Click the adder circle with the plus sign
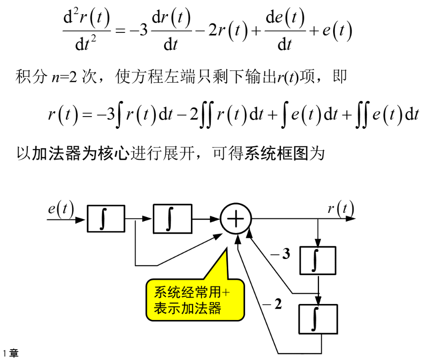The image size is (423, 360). (x=236, y=219)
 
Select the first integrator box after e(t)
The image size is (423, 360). (x=106, y=219)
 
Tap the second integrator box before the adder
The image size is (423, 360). (x=173, y=219)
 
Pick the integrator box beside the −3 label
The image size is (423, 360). (x=318, y=260)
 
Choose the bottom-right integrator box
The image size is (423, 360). (x=318, y=319)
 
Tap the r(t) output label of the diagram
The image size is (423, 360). (x=341, y=208)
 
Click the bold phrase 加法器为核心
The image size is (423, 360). (x=80, y=153)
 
